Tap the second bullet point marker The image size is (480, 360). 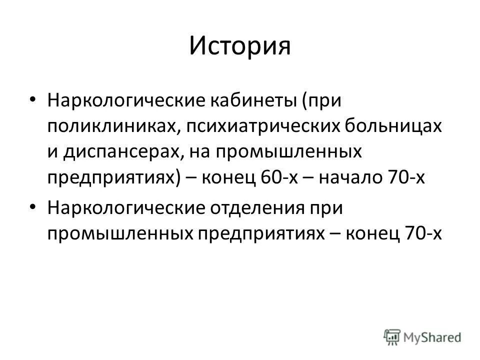33,206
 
